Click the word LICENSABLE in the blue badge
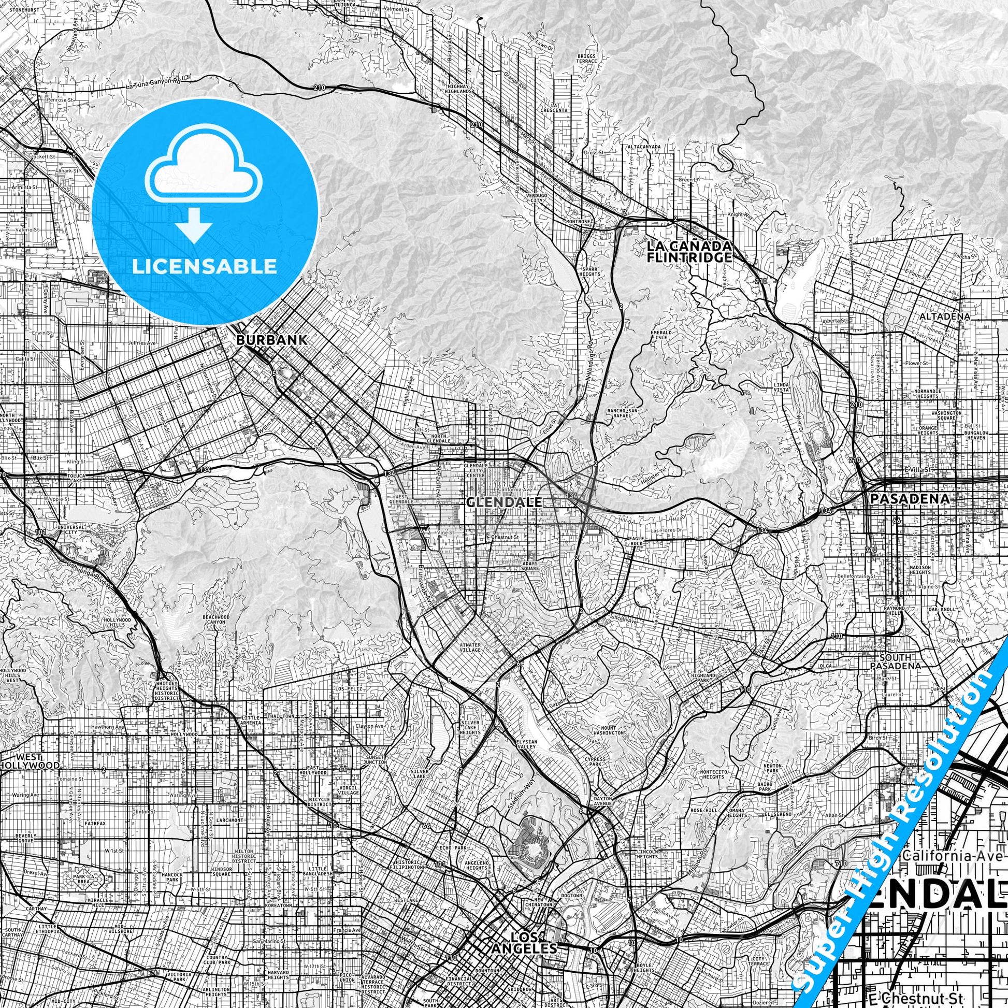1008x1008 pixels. [x=205, y=267]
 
